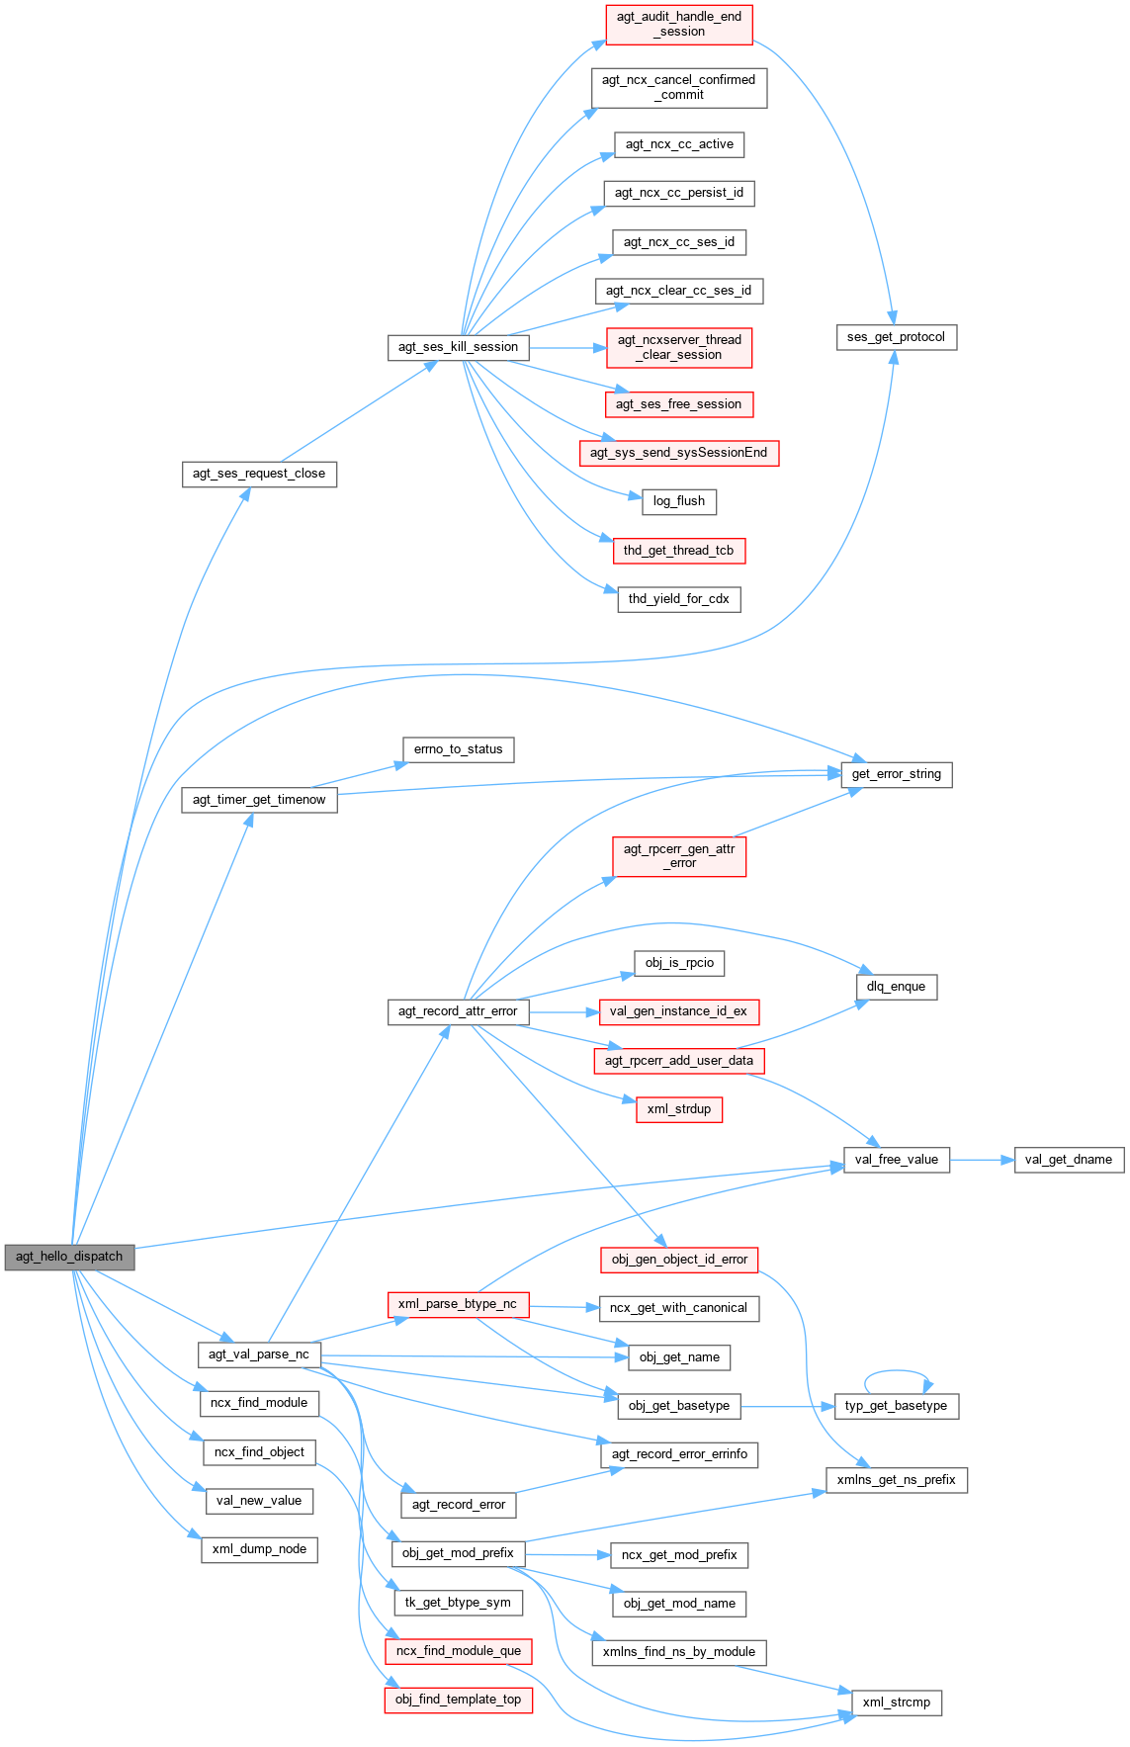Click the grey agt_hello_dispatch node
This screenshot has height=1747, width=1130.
69,1257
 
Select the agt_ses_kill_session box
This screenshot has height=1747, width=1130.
458,347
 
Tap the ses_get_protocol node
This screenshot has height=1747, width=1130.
896,337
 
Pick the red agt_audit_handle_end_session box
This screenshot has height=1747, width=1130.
678,24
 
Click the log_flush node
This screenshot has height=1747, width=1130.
679,501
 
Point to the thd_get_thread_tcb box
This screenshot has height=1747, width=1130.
678,551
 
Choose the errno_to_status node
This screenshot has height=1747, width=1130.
458,749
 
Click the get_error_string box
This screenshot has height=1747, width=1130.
896,774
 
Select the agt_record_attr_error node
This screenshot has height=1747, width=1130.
458,1011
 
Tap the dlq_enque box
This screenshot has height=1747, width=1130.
896,987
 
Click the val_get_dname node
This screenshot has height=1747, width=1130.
1068,1160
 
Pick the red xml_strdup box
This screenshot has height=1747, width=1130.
679,1109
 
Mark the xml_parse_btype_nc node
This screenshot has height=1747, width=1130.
458,1304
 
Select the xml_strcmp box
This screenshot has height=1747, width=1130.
896,1703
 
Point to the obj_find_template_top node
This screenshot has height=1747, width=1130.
458,1700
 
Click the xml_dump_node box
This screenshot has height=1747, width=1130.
259,1549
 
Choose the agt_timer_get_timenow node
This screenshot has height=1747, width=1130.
259,800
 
